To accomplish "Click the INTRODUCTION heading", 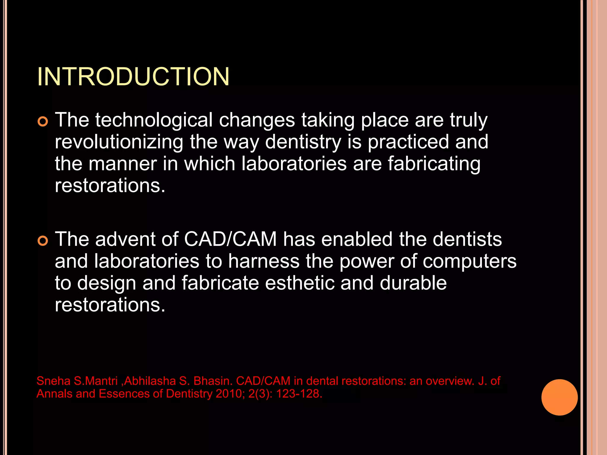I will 133,77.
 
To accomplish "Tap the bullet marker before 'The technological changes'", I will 43,122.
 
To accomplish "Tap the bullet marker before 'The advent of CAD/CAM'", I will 43,241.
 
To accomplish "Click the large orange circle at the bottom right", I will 559,397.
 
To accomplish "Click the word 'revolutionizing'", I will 119,142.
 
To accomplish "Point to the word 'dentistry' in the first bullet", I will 303,142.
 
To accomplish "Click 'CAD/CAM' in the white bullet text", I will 230,239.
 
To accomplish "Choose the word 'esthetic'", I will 299,283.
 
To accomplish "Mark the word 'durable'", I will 413,283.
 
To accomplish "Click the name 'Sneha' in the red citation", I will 53,381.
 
